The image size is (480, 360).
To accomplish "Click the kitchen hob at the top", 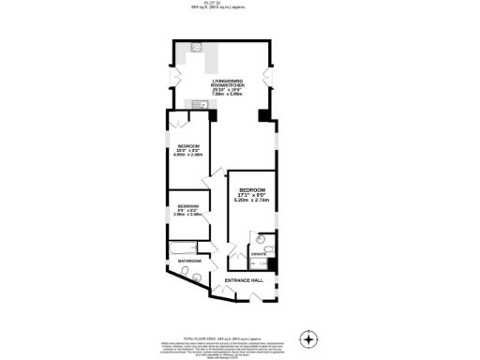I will (x=198, y=47).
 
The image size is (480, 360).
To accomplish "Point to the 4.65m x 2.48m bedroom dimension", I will (x=188, y=155).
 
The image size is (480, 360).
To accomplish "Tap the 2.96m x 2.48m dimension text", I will (x=188, y=215).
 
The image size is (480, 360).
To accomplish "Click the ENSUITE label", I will (x=260, y=255).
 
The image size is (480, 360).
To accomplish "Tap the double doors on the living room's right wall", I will (x=270, y=75).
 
